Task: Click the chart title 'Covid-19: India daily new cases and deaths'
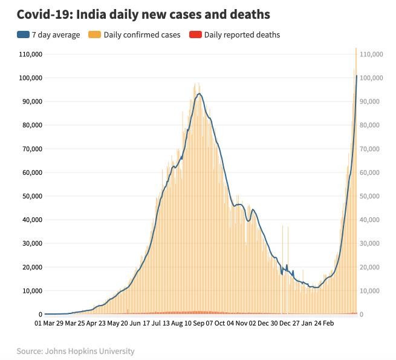coord(143,14)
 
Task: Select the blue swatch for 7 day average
coord(22,35)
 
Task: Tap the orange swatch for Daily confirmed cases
coord(95,35)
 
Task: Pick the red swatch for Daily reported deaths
coord(195,35)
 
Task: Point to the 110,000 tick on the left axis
coord(31,54)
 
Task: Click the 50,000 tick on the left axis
coord(31,196)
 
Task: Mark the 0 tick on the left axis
coord(41,315)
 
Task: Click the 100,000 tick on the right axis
coord(371,78)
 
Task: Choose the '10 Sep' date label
coord(194,324)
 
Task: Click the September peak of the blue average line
coord(198,93)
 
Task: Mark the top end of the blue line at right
coord(356,76)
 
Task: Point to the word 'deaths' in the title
coord(248,14)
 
